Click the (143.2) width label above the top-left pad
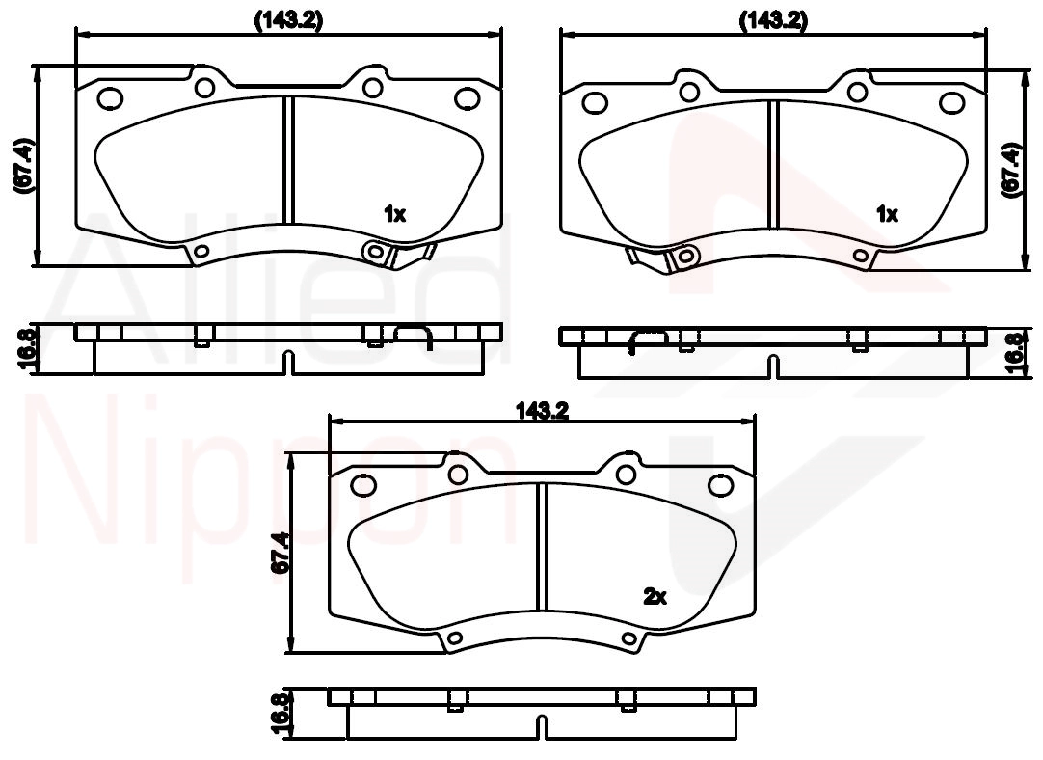288,20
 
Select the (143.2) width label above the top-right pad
774,20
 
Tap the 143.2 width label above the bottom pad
543,411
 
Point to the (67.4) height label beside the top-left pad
23,167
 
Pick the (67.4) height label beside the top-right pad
1011,169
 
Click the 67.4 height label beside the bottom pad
281,553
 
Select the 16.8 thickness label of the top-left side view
25,348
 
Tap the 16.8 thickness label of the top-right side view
1014,353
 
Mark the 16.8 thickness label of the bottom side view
281,713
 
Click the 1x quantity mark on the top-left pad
394,213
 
